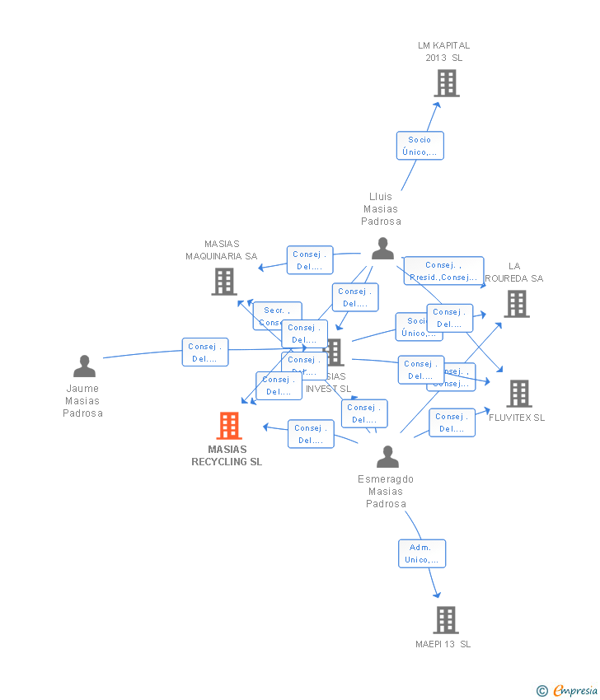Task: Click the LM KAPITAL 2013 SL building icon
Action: tap(446, 83)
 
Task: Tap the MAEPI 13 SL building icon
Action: tap(445, 619)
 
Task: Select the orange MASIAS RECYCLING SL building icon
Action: tap(228, 426)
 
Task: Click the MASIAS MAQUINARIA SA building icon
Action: tap(223, 282)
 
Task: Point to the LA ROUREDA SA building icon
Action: tap(516, 304)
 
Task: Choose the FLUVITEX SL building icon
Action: tap(518, 394)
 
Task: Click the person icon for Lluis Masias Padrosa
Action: tap(382, 248)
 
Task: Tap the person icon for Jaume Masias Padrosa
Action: tap(84, 366)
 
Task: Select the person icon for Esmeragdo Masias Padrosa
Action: tap(387, 456)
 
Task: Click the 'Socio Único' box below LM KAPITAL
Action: tap(420, 146)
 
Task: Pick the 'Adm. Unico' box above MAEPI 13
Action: tap(421, 553)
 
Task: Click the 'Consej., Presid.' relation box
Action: tap(443, 271)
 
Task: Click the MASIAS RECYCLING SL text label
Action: tap(227, 455)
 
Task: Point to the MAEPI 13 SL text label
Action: tap(443, 644)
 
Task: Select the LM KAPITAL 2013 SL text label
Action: tap(443, 51)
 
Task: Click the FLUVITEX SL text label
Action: tap(517, 418)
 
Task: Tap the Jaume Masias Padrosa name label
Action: tap(82, 401)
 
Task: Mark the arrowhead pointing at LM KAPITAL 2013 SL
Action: tap(438, 104)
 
